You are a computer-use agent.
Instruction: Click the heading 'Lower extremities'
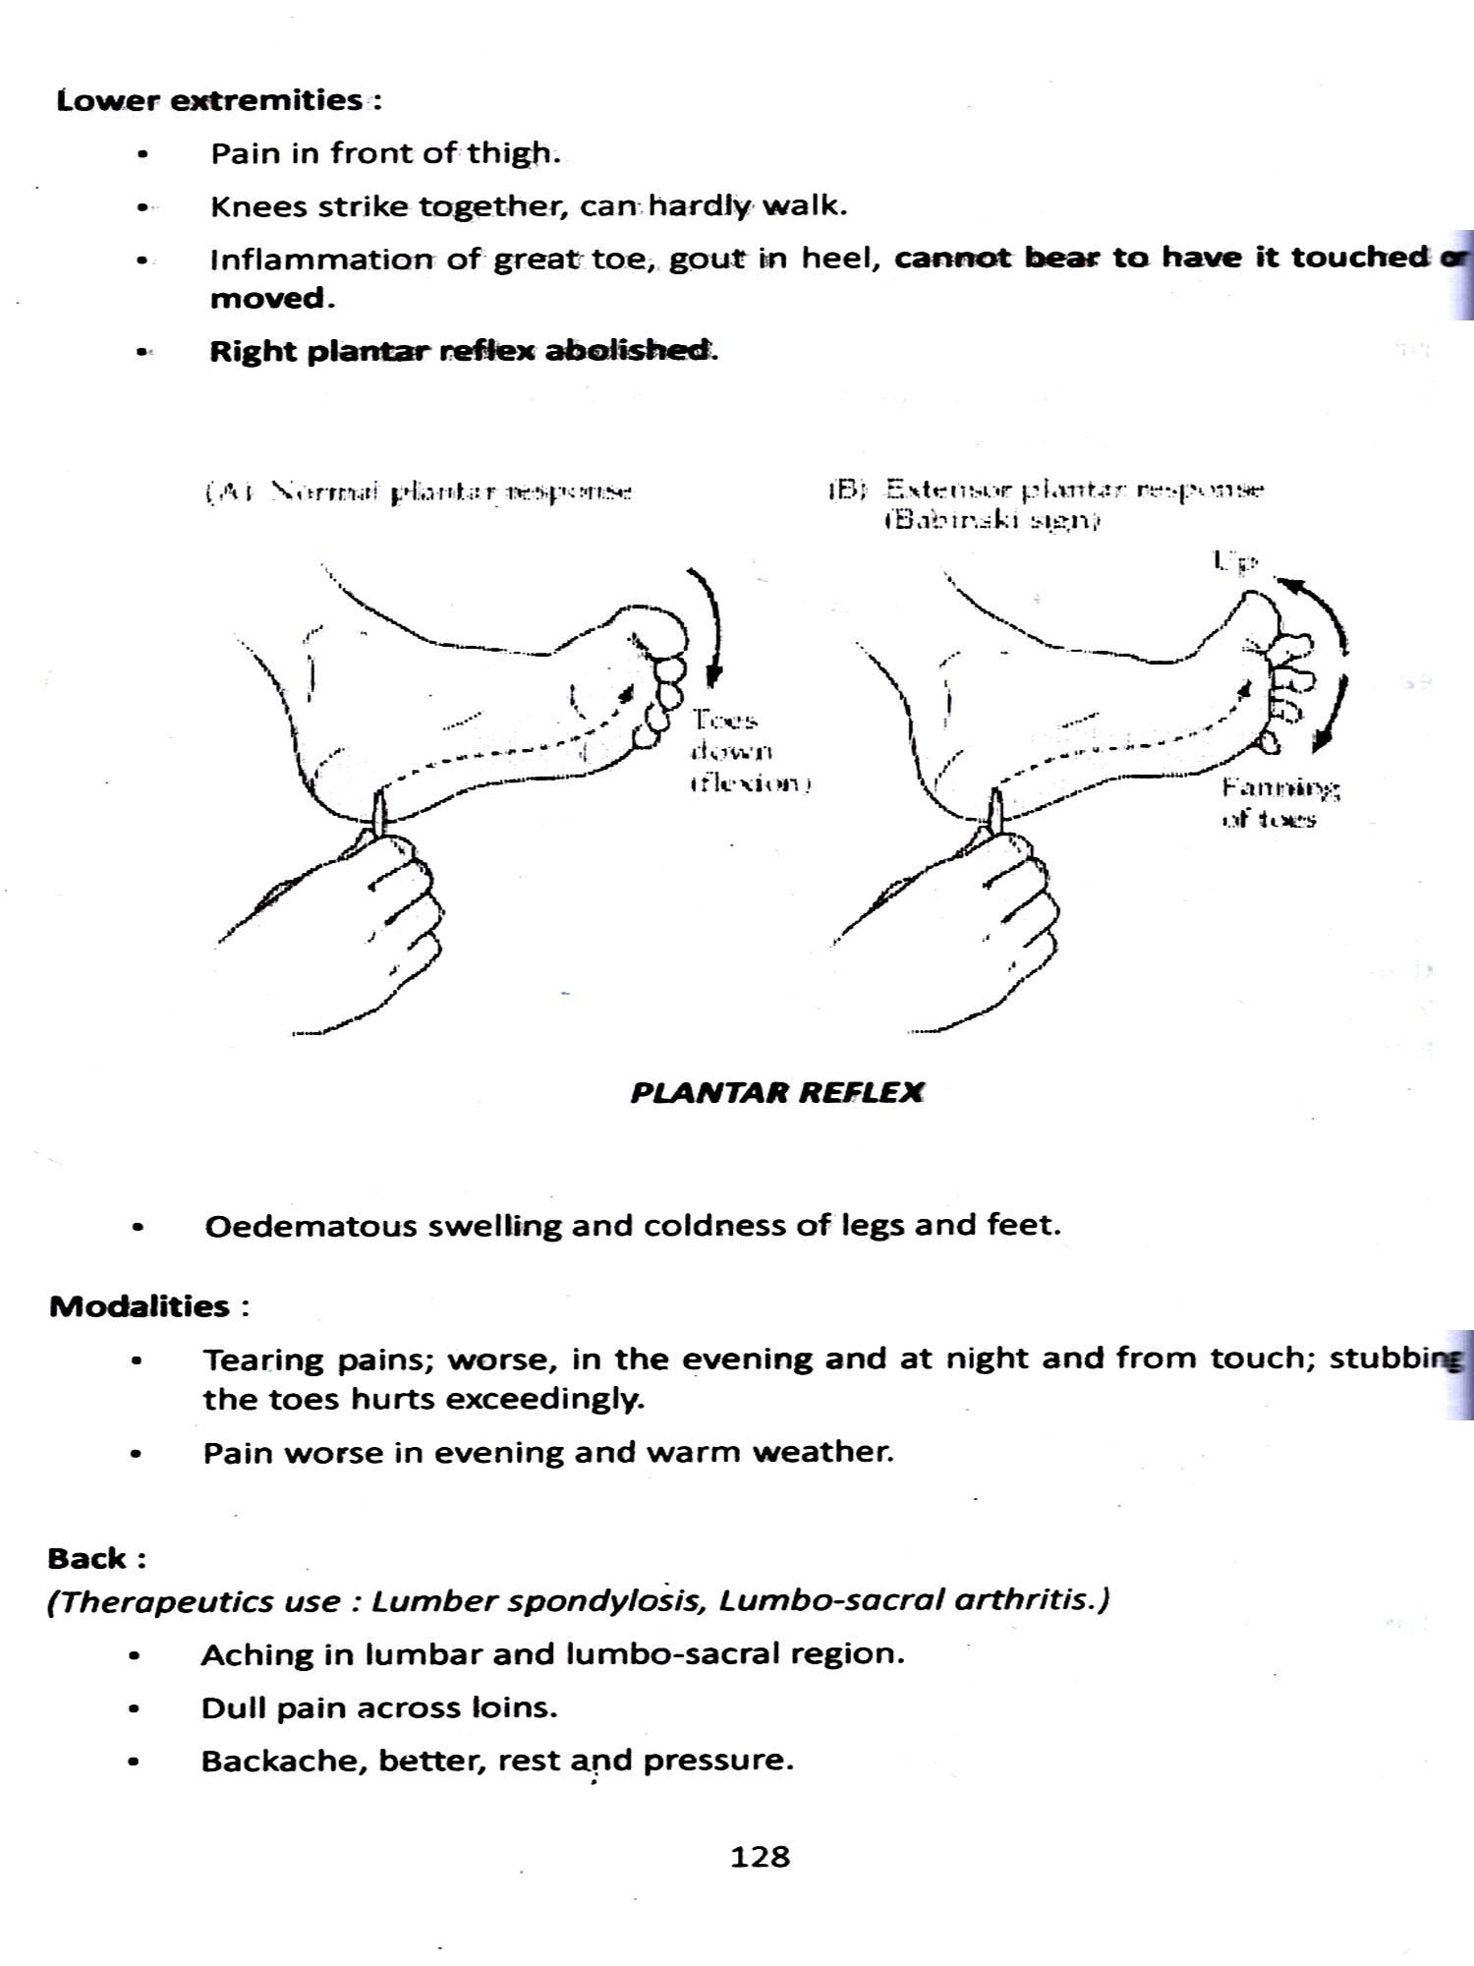pyautogui.click(x=209, y=100)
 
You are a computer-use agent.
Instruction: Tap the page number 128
pyautogui.click(x=760, y=1856)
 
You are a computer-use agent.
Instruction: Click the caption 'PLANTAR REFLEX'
pyautogui.click(x=776, y=1093)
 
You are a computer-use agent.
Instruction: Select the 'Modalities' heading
pyautogui.click(x=140, y=1306)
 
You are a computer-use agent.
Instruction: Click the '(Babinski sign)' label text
pyautogui.click(x=990, y=521)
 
